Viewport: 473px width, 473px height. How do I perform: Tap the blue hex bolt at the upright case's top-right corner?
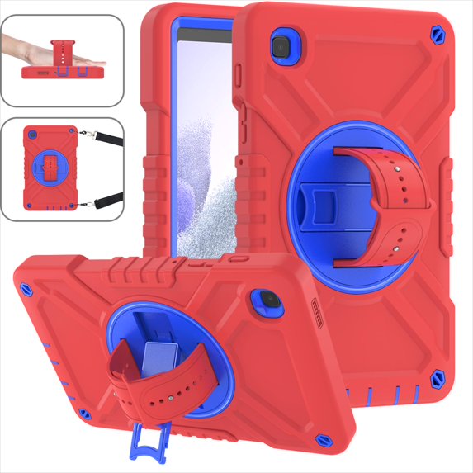pyautogui.click(x=435, y=36)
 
